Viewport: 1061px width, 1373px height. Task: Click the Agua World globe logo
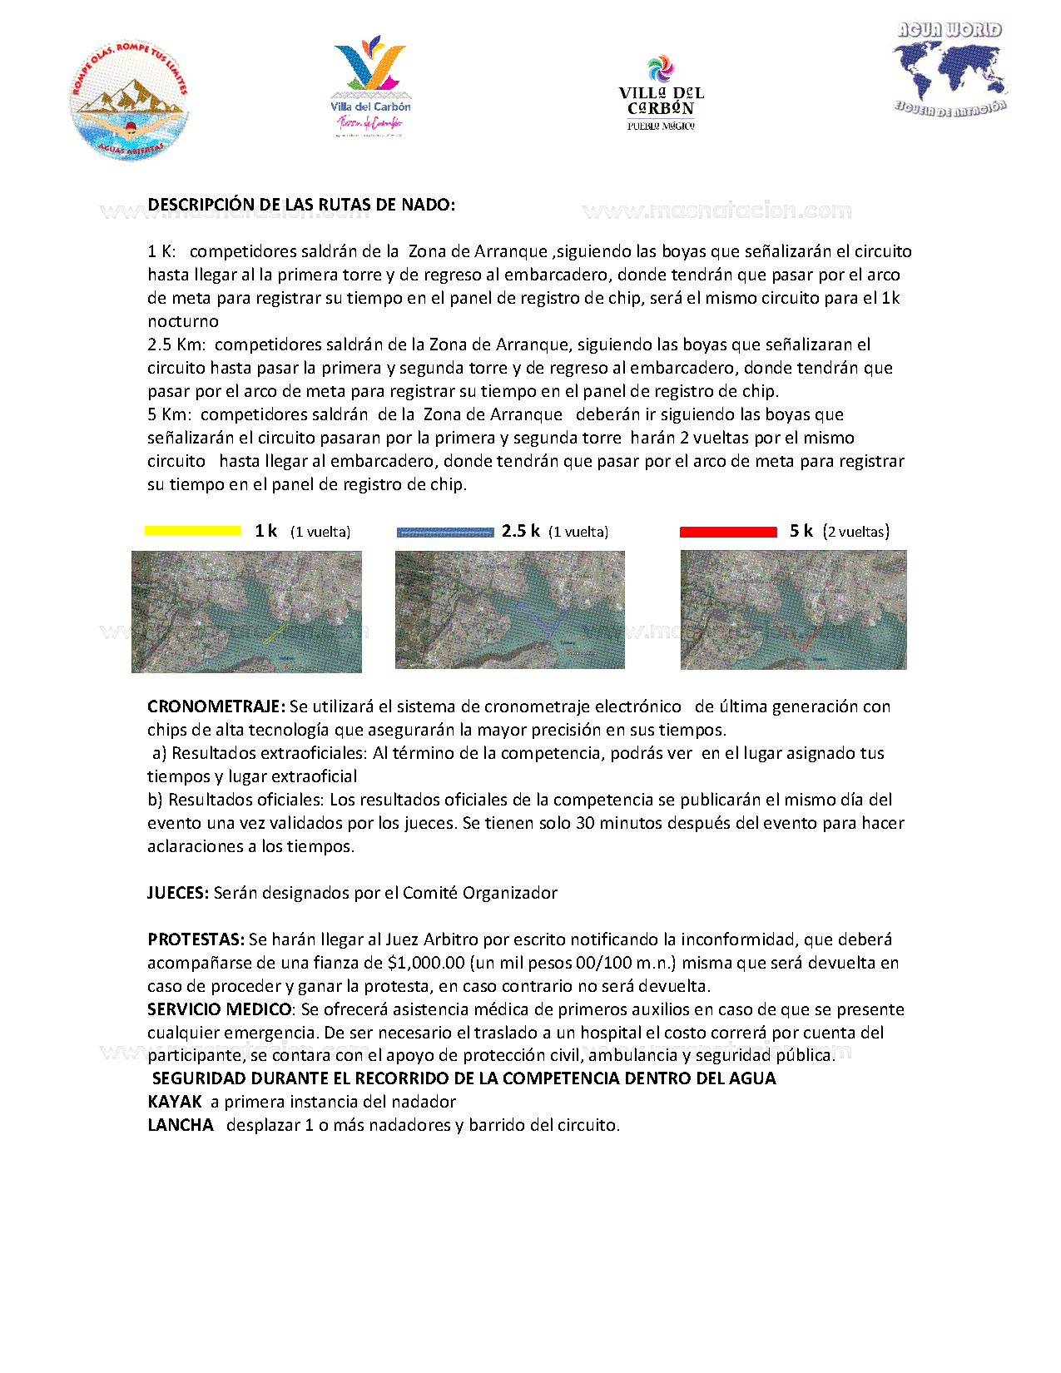point(949,69)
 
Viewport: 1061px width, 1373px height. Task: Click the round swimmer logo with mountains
point(129,101)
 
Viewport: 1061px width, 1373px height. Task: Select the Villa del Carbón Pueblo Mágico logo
point(661,93)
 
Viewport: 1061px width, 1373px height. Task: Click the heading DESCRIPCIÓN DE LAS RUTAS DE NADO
point(301,205)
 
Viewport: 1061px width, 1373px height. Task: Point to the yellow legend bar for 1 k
point(192,531)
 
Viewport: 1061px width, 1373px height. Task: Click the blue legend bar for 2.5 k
point(445,532)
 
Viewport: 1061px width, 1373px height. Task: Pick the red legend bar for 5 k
point(728,532)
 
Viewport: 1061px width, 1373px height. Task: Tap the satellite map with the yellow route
point(246,612)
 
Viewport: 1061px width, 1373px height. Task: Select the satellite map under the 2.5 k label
point(509,610)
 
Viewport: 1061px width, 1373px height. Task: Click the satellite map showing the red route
point(793,610)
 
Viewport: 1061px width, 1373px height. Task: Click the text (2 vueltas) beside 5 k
point(855,532)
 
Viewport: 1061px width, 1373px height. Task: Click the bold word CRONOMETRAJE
point(216,706)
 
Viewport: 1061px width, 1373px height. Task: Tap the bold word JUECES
point(178,893)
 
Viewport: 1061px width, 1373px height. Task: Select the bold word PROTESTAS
point(196,939)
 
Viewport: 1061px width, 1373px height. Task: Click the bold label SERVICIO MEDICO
point(220,1009)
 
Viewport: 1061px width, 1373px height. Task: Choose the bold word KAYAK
point(175,1102)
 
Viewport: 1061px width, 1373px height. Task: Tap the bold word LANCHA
point(181,1125)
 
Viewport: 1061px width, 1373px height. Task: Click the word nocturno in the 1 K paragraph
point(183,321)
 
